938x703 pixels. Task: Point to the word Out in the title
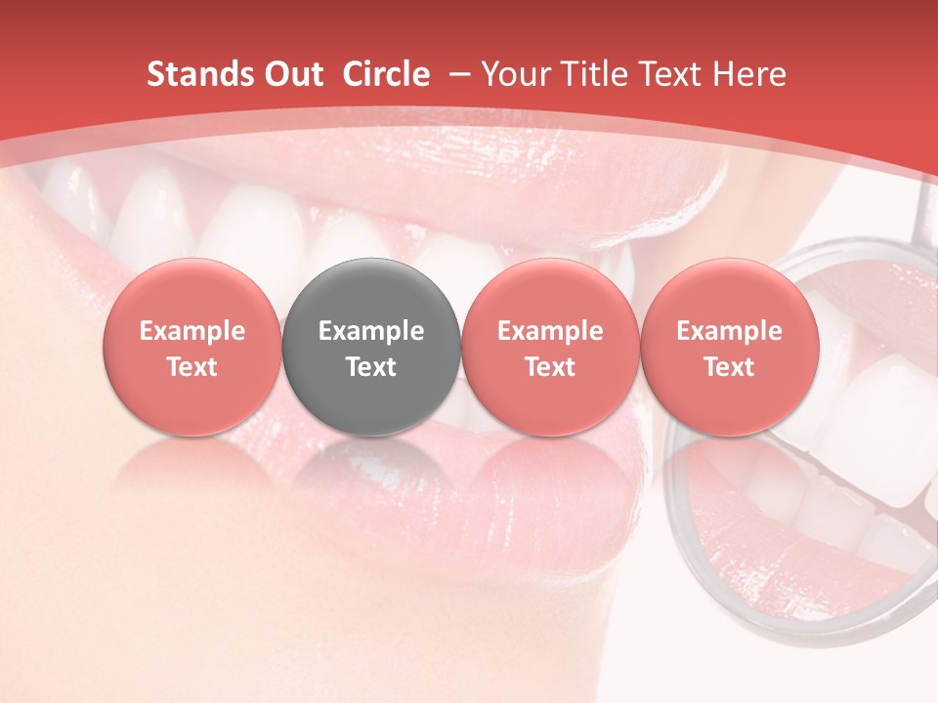(292, 74)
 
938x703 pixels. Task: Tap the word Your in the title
(515, 74)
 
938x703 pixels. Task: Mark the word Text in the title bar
(665, 74)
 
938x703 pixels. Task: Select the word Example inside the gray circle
(371, 331)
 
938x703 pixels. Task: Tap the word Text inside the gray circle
(371, 367)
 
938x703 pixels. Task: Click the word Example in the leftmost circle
(192, 331)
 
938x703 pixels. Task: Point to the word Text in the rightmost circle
(729, 367)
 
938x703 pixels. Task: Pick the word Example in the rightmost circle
(729, 331)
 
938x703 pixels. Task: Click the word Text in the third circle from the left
(550, 367)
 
